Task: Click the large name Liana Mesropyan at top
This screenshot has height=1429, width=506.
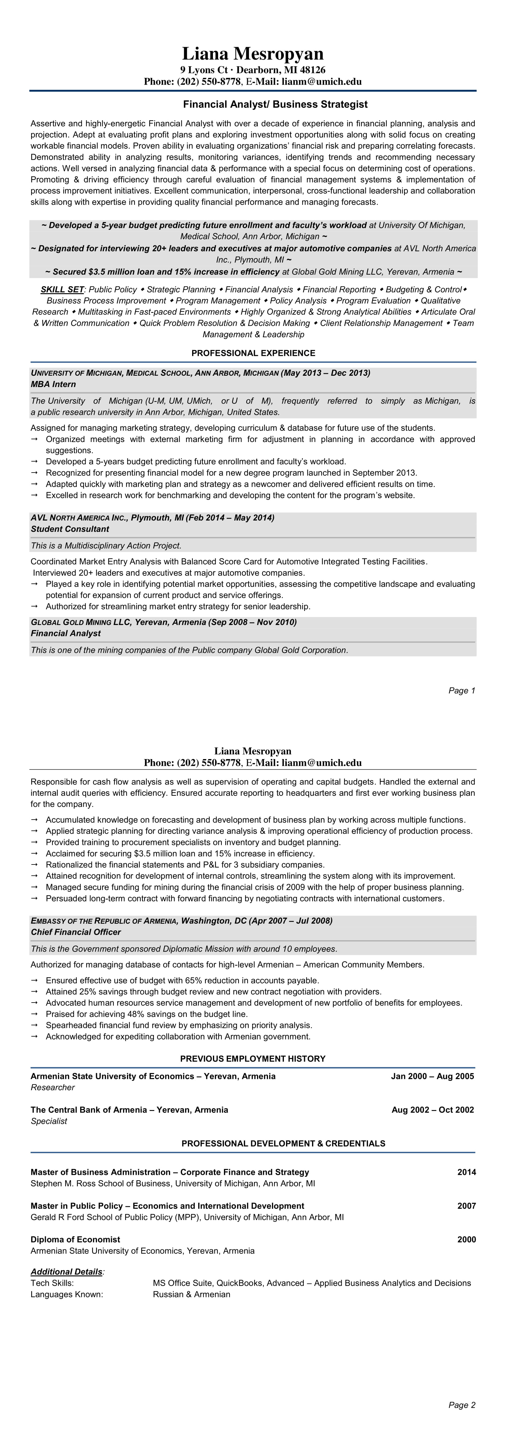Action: pos(253,54)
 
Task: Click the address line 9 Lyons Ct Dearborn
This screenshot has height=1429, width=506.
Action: pos(253,70)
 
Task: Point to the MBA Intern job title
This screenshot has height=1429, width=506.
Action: pos(53,384)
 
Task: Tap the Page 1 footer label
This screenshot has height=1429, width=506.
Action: pos(462,691)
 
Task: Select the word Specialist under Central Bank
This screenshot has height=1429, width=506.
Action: pos(49,1121)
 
